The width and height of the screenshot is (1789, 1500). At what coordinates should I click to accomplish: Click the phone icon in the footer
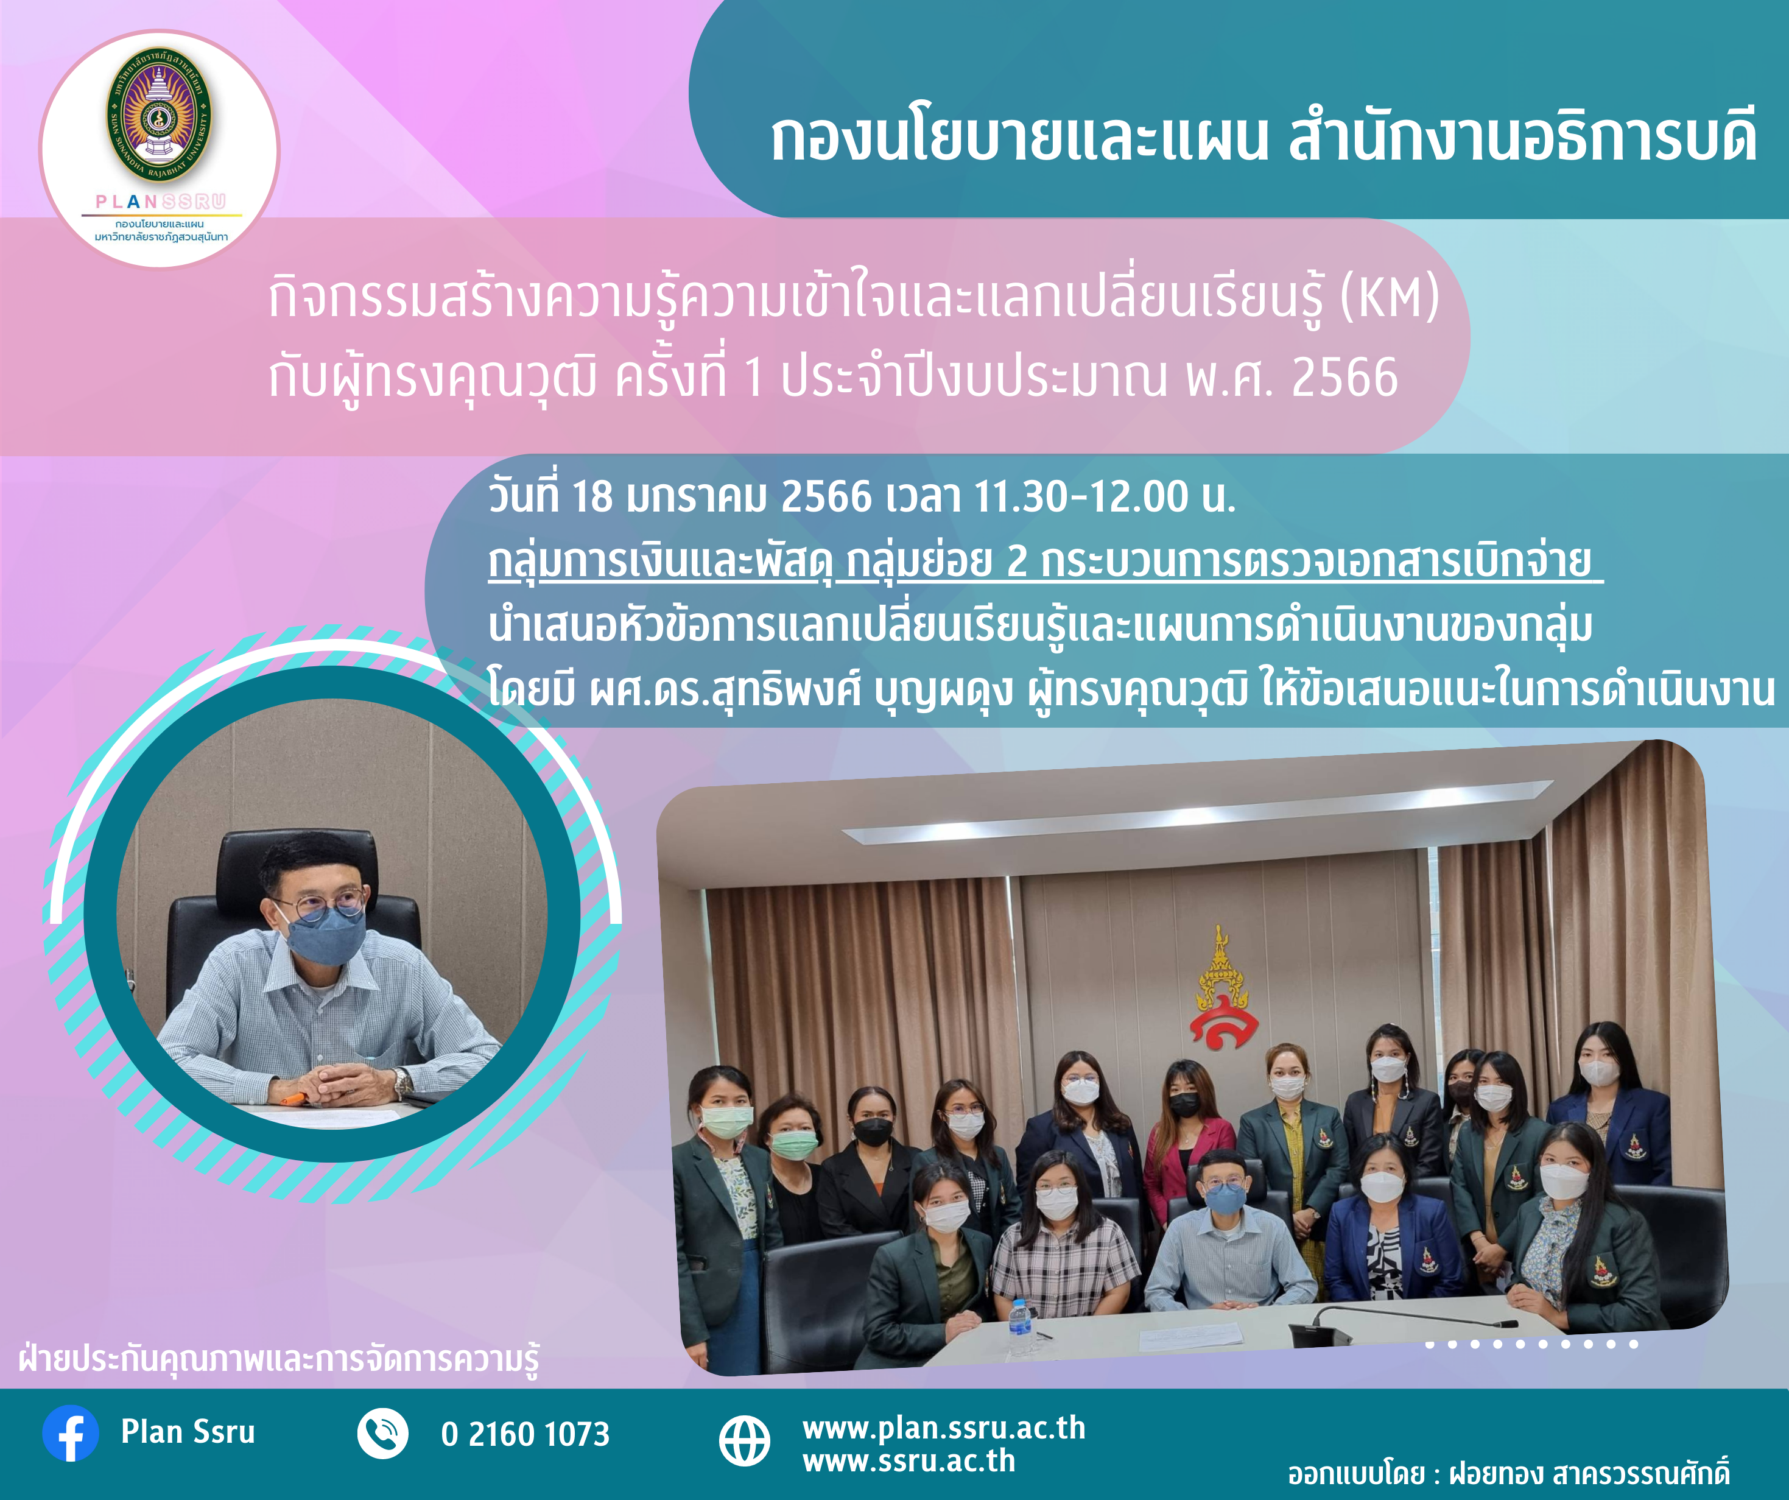pos(382,1434)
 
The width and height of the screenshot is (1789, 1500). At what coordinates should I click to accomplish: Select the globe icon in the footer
pos(745,1440)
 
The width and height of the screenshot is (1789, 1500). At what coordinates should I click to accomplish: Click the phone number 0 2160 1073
pos(525,1434)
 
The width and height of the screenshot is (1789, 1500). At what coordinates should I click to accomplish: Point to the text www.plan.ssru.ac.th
pos(944,1428)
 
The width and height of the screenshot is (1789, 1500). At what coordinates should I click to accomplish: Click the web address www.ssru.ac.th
pos(909,1461)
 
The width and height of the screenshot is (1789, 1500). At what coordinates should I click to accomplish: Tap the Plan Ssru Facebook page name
pos(188,1432)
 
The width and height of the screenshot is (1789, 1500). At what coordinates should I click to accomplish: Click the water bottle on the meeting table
pos(1019,1327)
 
